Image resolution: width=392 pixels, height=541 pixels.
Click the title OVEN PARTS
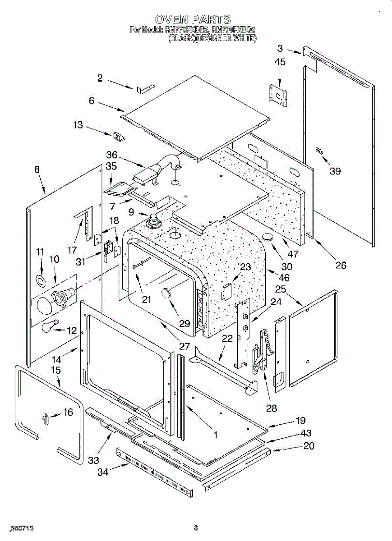[193, 19]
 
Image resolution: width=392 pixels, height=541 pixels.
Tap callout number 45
[280, 62]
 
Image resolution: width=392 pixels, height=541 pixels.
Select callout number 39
[335, 171]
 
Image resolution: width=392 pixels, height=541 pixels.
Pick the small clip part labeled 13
[120, 136]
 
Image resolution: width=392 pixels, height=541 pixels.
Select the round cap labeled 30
[269, 237]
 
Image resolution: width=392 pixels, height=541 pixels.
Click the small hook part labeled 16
[45, 419]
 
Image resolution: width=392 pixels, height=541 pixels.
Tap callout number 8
[37, 170]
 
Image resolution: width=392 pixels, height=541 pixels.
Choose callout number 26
[341, 265]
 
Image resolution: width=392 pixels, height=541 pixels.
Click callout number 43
[306, 433]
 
